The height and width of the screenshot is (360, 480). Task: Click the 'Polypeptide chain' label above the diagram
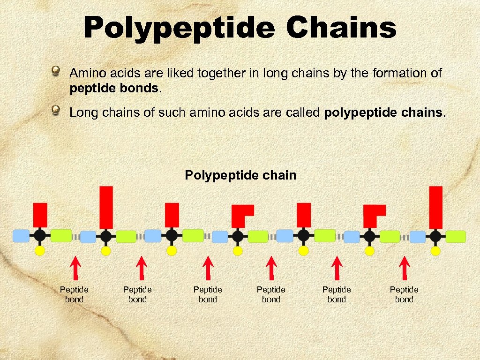[240, 175]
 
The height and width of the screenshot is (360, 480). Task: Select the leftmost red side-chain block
[40, 215]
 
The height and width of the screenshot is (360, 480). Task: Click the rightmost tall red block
[436, 207]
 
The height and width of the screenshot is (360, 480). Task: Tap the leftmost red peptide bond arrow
[75, 268]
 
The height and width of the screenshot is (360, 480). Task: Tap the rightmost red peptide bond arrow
[404, 268]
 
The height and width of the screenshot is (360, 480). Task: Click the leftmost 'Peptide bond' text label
[74, 294]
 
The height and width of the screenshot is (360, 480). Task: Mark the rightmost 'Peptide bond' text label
[404, 294]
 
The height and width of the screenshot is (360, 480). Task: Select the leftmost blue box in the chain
[21, 235]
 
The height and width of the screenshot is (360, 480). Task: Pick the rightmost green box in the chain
[456, 236]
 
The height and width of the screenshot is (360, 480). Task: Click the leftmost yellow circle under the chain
[40, 251]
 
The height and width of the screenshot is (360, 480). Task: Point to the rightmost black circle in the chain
[436, 235]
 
